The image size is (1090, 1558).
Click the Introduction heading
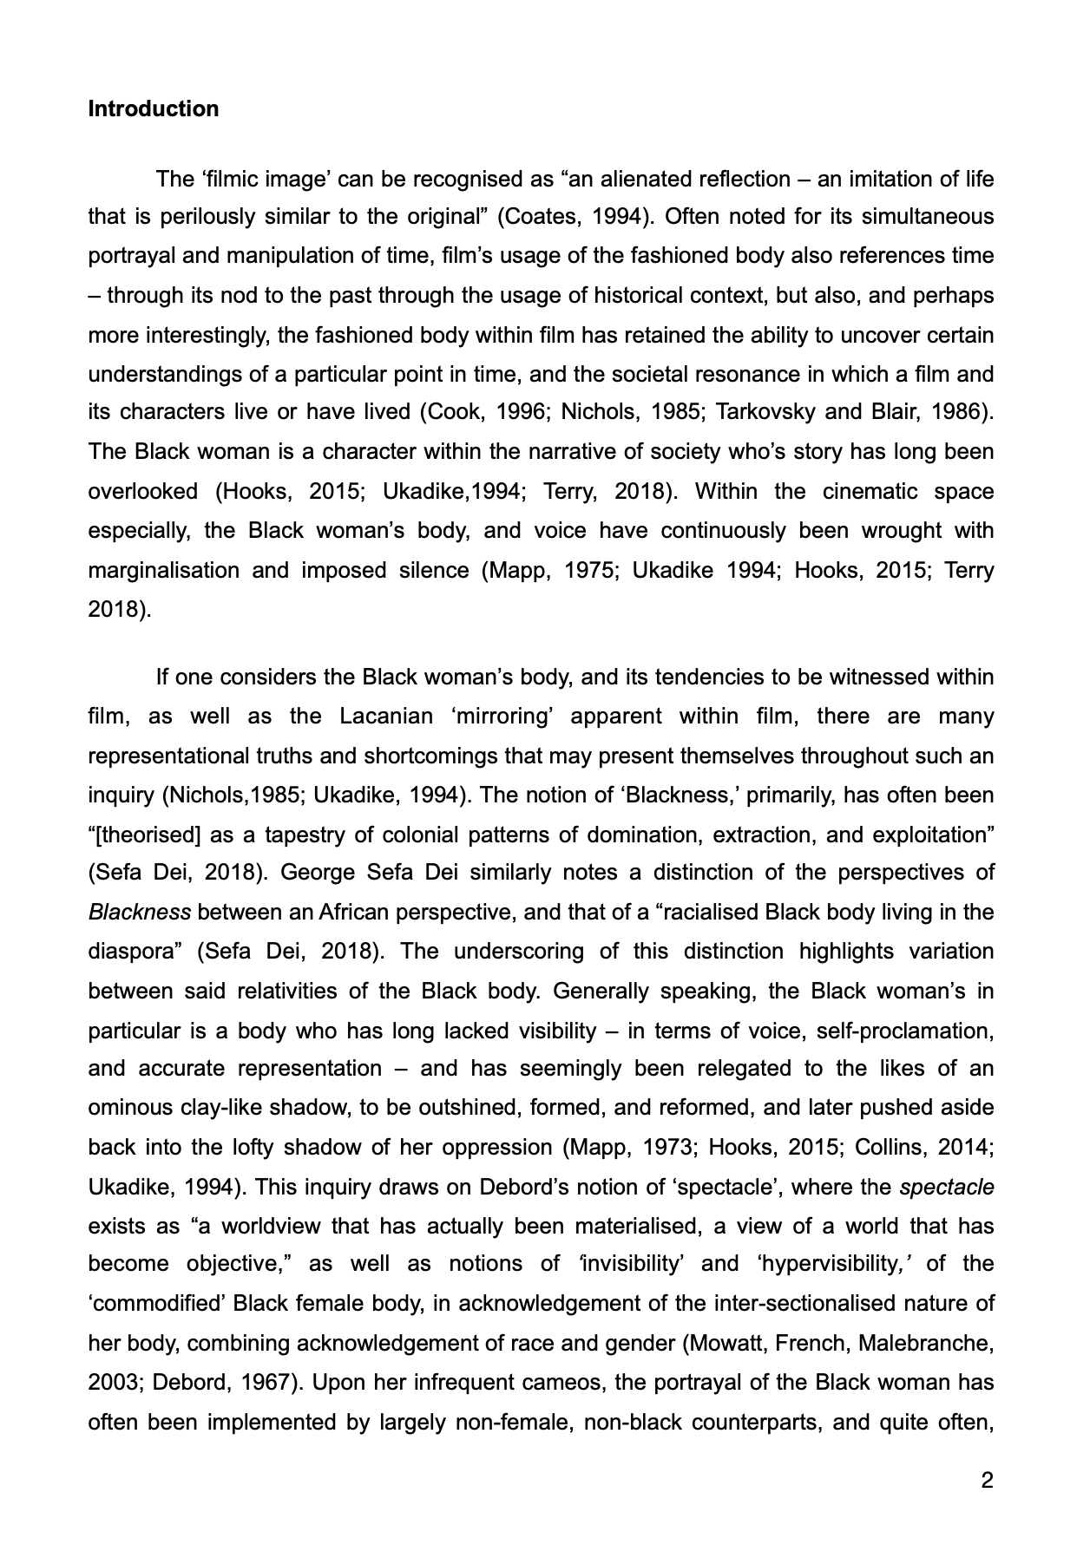click(154, 109)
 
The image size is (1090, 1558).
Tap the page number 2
click(987, 1480)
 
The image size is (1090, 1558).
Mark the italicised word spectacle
click(947, 1187)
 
